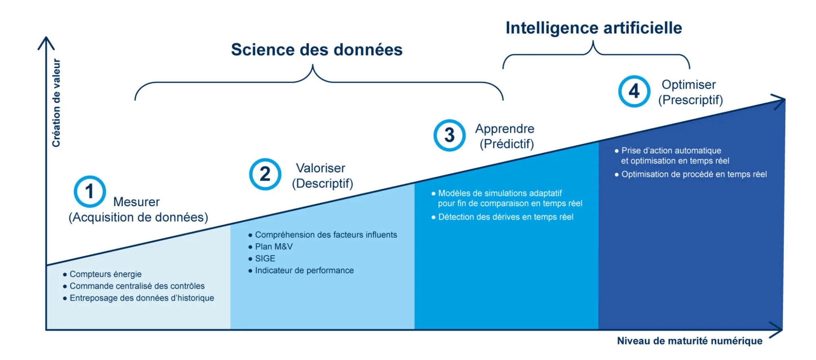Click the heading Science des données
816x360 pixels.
pyautogui.click(x=317, y=50)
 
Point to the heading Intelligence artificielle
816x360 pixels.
pyautogui.click(x=594, y=28)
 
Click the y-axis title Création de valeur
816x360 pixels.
pyautogui.click(x=56, y=103)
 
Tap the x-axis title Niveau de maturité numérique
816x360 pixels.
pyautogui.click(x=690, y=341)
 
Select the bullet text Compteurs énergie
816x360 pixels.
pyautogui.click(x=106, y=274)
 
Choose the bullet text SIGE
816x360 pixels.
pyautogui.click(x=265, y=258)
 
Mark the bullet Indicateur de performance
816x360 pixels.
pyautogui.click(x=304, y=270)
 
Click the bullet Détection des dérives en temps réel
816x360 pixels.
pyautogui.click(x=506, y=217)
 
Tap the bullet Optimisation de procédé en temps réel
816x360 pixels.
pyautogui.click(x=694, y=174)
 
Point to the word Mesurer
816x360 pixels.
pyautogui.click(x=136, y=202)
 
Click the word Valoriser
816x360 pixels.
pyautogui.click(x=321, y=168)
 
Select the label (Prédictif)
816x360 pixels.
pyautogui.click(x=507, y=144)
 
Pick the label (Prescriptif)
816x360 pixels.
pyautogui.click(x=690, y=100)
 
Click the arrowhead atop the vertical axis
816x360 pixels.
pyautogui.click(x=47, y=38)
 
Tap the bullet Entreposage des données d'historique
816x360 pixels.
pyautogui.click(x=142, y=298)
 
